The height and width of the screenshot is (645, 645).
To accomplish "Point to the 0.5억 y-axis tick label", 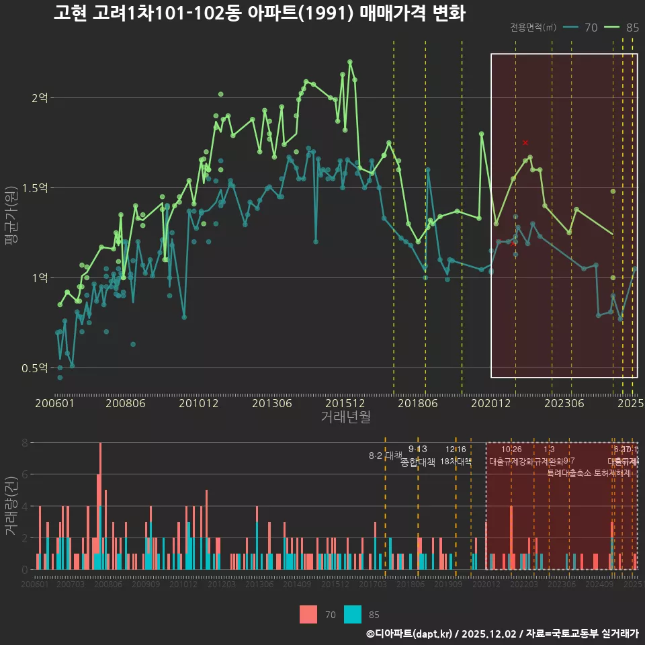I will click(x=35, y=368).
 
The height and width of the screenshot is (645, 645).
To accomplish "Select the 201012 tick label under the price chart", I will click(x=198, y=404).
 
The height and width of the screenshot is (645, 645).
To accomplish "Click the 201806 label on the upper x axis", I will click(x=417, y=404).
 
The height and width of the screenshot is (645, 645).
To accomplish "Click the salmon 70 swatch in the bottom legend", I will click(x=308, y=614).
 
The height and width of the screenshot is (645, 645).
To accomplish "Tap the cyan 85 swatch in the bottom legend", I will click(x=352, y=614).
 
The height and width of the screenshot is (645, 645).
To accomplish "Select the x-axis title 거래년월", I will click(x=345, y=417).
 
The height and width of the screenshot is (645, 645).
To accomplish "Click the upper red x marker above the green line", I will click(x=525, y=142).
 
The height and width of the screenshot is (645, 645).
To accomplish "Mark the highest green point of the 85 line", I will click(x=350, y=62).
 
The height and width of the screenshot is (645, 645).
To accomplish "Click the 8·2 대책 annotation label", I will click(x=385, y=456).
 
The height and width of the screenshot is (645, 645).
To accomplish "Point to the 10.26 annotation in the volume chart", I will click(x=511, y=449).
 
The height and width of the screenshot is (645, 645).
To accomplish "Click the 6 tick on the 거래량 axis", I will click(x=25, y=474).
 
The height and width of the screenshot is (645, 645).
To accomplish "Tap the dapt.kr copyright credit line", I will click(x=502, y=634).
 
